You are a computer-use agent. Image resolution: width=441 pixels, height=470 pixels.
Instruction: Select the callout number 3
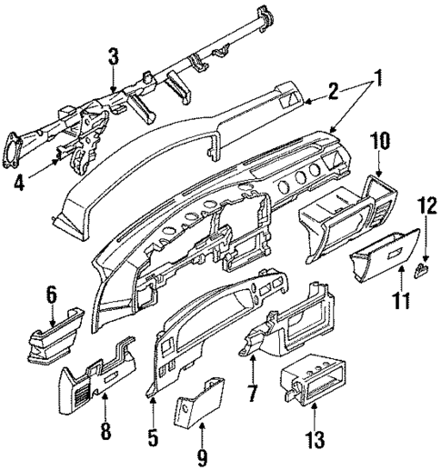pyautogui.click(x=112, y=57)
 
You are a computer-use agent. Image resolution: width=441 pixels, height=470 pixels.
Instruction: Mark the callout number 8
pyautogui.click(x=105, y=428)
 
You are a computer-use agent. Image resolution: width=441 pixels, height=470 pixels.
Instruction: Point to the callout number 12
pyautogui.click(x=425, y=233)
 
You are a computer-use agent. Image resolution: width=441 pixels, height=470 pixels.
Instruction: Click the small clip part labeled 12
pyautogui.click(x=422, y=268)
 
